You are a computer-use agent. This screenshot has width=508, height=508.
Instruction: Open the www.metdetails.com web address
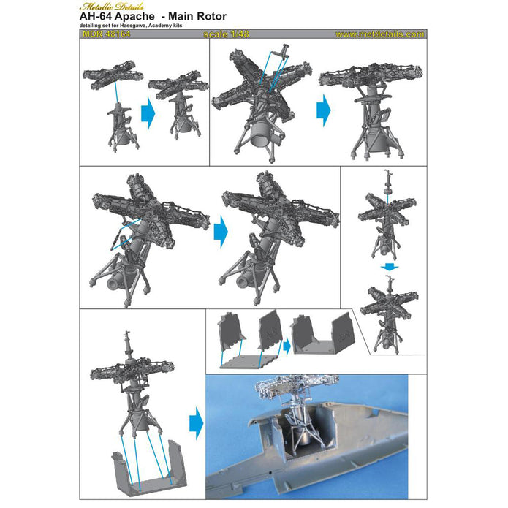coord(379,34)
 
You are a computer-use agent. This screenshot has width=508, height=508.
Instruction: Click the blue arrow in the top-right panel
coord(323,110)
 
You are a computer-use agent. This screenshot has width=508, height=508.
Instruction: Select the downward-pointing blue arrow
coord(392,268)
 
